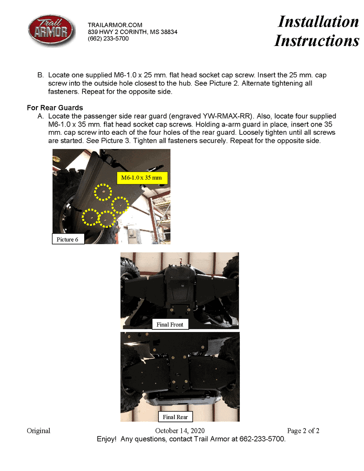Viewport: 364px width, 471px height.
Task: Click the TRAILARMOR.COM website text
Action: (115, 25)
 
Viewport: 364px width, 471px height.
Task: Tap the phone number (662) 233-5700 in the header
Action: (108, 39)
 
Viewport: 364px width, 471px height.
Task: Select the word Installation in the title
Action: (318, 21)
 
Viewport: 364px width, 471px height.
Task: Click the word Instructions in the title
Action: (317, 40)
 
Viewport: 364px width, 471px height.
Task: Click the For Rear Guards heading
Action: (55, 108)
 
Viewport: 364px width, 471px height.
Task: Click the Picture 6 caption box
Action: (68, 240)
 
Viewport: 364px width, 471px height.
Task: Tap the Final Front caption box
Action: (170, 324)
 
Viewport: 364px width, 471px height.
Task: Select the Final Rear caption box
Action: (175, 417)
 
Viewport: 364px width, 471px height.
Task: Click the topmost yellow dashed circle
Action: (104, 191)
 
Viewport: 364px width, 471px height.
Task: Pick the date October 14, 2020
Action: (180, 431)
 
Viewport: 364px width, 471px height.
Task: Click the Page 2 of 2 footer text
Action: (303, 431)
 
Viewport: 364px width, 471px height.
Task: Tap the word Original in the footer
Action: (39, 431)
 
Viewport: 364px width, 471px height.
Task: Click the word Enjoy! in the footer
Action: (106, 439)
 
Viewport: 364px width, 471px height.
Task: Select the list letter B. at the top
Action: (40, 75)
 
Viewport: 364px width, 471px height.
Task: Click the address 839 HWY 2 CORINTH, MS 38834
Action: (133, 32)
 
